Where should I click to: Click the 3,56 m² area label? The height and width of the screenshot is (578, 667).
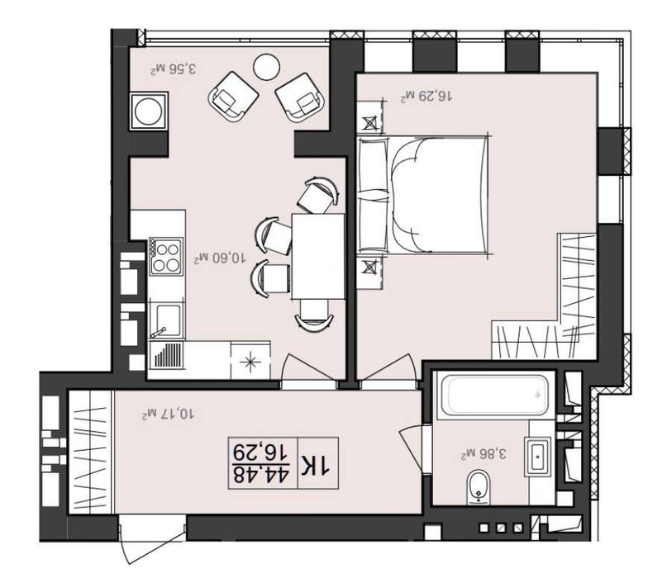pyautogui.click(x=174, y=69)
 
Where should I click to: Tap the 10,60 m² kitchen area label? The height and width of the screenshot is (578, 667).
pyautogui.click(x=220, y=258)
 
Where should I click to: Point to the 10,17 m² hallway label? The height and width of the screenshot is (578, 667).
pyautogui.click(x=169, y=413)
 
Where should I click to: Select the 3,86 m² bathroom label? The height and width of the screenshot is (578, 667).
pyautogui.click(x=484, y=453)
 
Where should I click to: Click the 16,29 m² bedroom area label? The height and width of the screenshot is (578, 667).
pyautogui.click(x=426, y=96)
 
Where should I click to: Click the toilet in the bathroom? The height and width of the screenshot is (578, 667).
pyautogui.click(x=478, y=487)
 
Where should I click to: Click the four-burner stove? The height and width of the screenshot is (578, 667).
pyautogui.click(x=166, y=257)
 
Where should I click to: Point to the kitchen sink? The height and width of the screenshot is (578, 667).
pyautogui.click(x=165, y=321)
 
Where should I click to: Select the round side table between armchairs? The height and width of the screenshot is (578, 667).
pyautogui.click(x=266, y=66)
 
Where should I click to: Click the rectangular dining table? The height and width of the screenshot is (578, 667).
pyautogui.click(x=318, y=256)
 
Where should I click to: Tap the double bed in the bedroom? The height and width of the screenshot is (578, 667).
pyautogui.click(x=423, y=195)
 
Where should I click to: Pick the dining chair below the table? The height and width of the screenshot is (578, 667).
pyautogui.click(x=314, y=314)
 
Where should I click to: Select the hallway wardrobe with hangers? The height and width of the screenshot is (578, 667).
pyautogui.click(x=91, y=452)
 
